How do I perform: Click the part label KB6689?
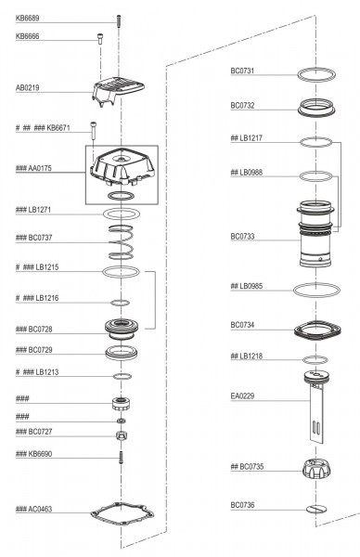coord(27,19)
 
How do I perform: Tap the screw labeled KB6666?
coord(100,38)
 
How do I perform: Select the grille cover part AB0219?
coord(118,92)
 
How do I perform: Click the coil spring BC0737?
coord(121,242)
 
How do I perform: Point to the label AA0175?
coord(40,168)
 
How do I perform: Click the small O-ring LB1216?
coord(120,303)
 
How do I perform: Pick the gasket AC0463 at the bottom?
coord(122,513)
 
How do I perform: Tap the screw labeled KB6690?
coord(121,457)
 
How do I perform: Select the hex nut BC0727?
coord(122,434)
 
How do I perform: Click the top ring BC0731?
coord(316,74)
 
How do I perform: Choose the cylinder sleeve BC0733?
coord(315,233)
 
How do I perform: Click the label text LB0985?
coord(251,286)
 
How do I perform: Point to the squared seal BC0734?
coord(317,330)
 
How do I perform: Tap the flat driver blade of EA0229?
coord(317,414)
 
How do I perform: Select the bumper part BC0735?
coord(316,469)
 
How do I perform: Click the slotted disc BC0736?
coord(316,509)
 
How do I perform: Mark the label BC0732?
coord(242,106)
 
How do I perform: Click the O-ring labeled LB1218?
coord(315,360)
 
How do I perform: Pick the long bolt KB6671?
coord(93,132)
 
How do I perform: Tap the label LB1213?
coord(47,372)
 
